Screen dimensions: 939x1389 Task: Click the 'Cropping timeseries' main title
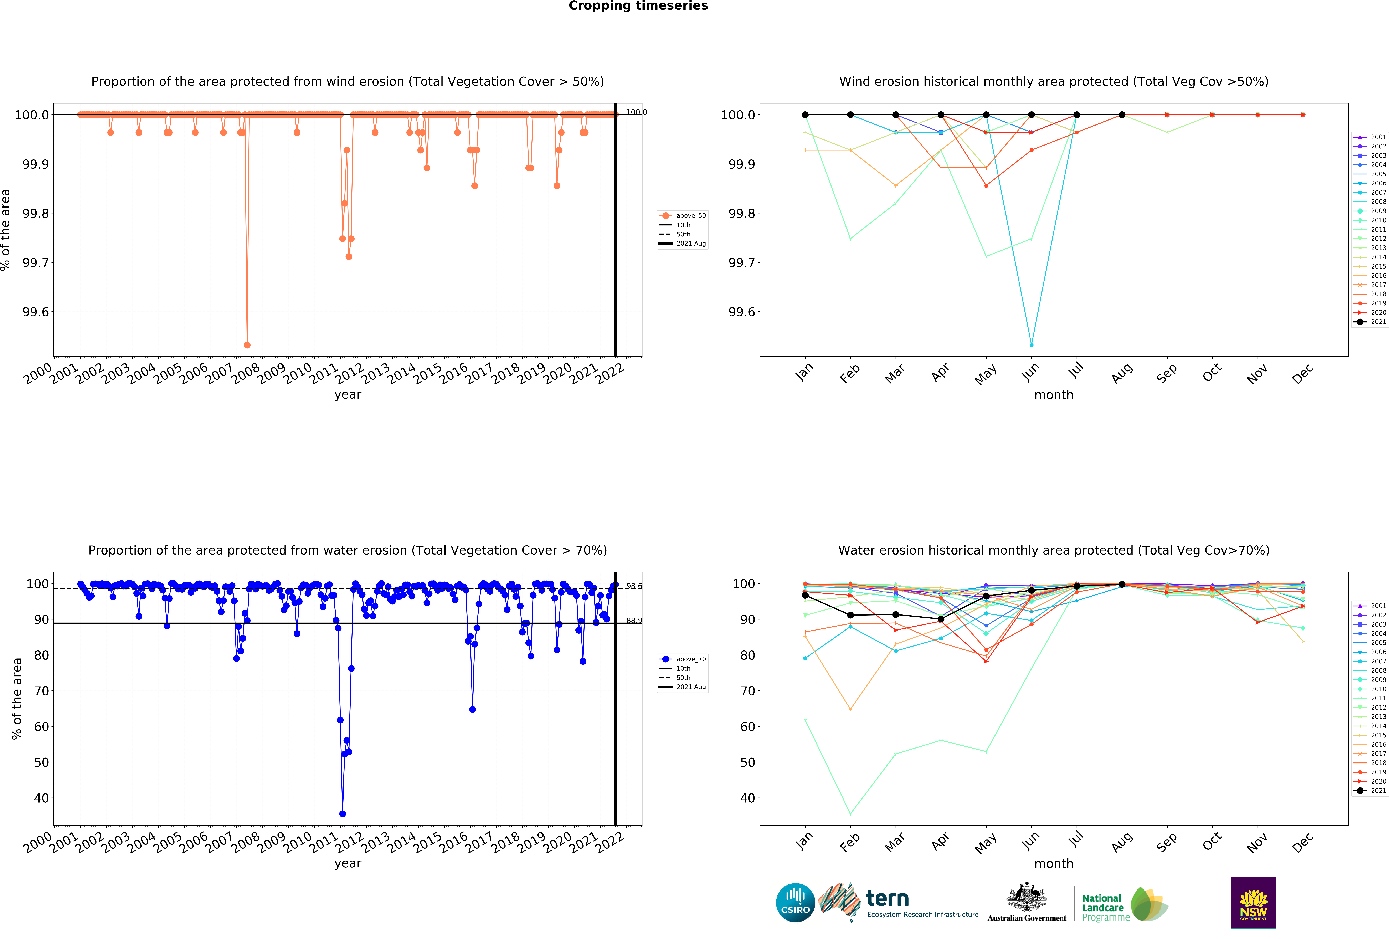pos(638,6)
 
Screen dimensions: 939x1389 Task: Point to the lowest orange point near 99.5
pos(247,345)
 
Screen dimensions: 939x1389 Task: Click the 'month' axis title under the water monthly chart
pos(1054,864)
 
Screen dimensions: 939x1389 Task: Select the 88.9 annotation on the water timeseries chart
pos(634,620)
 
